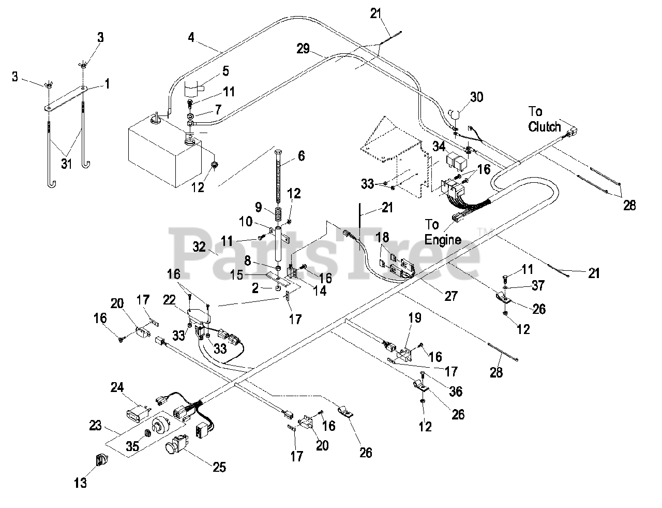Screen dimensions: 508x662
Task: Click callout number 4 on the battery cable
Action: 191,37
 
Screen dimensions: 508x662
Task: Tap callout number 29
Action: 303,49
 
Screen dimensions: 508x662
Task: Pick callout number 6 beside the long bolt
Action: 301,155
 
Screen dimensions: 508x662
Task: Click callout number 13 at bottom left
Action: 80,483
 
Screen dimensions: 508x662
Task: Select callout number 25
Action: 219,467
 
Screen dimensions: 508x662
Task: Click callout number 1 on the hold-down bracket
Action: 107,84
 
